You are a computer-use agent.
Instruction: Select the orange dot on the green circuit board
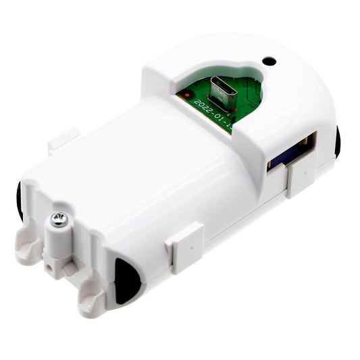(x=184, y=95)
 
